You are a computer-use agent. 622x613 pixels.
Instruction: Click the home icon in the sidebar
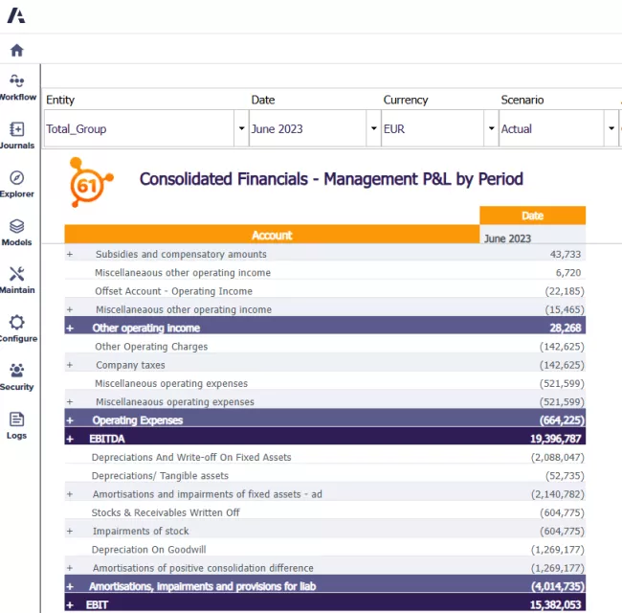point(16,51)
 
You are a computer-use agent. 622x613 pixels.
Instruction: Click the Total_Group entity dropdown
point(144,128)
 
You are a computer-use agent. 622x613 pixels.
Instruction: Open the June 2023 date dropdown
point(312,128)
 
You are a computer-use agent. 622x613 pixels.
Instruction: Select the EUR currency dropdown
point(438,128)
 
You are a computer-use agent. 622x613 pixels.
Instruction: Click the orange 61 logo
point(89,182)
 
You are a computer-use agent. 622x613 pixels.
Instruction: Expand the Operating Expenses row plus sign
point(70,420)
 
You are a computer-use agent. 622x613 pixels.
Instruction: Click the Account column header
point(272,236)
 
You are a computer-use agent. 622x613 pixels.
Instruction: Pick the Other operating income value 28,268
point(563,328)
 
